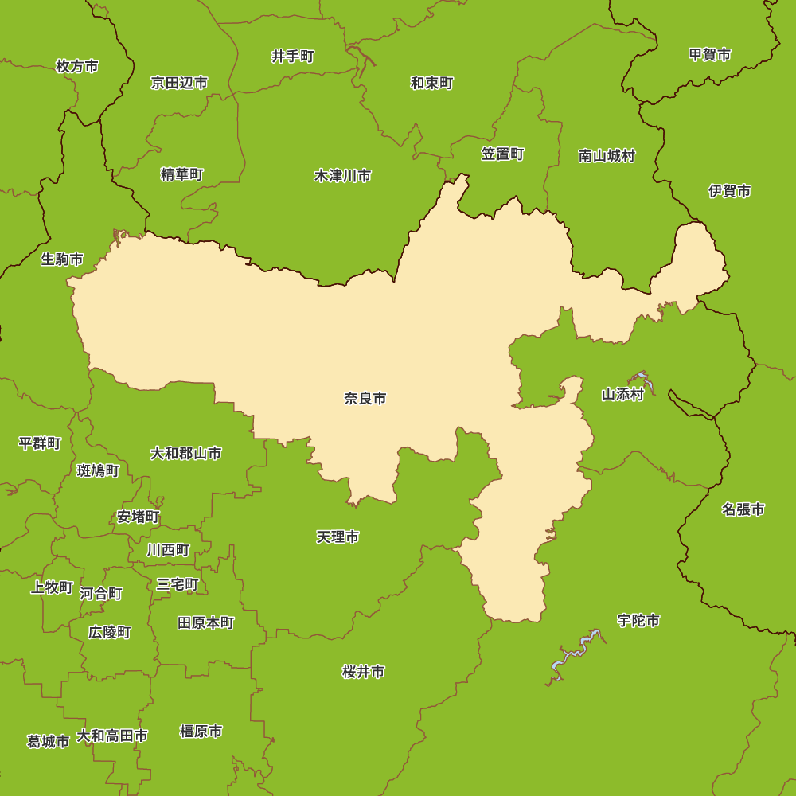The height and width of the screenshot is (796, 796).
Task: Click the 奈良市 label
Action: click(365, 398)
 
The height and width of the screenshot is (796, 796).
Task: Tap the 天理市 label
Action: click(338, 537)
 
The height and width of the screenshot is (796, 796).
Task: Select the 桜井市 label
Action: click(364, 672)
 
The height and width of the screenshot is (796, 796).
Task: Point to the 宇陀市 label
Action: click(638, 620)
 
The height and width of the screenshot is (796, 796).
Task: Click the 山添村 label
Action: click(622, 394)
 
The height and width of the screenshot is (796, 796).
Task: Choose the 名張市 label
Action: click(743, 509)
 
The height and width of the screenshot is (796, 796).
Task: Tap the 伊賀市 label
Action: click(730, 191)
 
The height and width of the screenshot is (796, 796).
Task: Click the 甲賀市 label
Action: click(710, 54)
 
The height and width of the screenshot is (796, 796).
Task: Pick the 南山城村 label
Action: click(607, 156)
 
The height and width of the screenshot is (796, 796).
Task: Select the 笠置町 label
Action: click(503, 154)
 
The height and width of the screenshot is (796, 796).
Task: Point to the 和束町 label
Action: click(432, 83)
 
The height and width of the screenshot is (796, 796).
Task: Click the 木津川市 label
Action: click(342, 176)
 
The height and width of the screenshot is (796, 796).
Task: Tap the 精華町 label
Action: click(182, 174)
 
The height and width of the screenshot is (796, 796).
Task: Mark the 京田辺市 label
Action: click(180, 82)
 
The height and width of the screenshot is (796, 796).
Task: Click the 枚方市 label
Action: click(77, 66)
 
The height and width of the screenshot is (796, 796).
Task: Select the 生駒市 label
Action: click(62, 259)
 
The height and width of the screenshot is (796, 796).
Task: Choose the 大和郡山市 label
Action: click(186, 453)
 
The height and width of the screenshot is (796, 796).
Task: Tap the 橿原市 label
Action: click(201, 731)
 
